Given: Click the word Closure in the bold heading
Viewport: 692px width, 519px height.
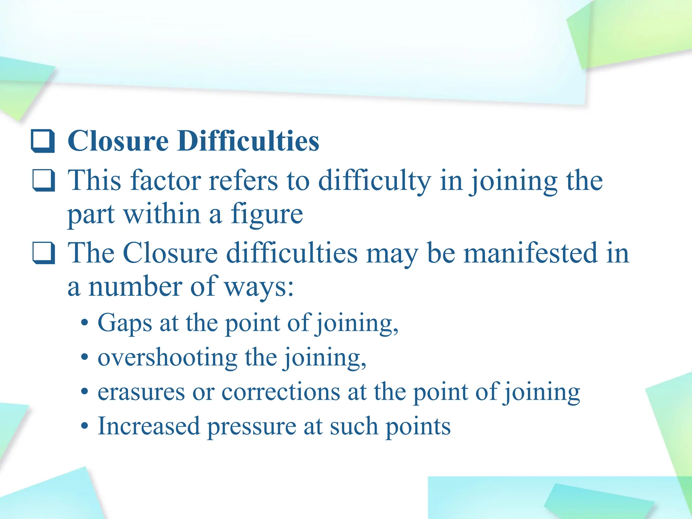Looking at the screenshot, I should [118, 141].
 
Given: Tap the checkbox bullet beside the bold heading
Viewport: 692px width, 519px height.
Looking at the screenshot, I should [43, 141].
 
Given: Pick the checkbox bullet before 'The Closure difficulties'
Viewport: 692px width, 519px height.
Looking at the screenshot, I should [44, 253].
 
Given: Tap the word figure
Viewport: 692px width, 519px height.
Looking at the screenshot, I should [267, 215].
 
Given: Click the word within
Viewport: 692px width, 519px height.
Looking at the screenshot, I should [162, 214].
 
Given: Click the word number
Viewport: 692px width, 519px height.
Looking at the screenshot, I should [135, 287].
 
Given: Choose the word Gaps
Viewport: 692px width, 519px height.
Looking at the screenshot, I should [125, 324].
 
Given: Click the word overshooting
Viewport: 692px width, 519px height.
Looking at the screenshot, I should [167, 358].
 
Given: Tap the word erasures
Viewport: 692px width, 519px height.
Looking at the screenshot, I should [141, 393].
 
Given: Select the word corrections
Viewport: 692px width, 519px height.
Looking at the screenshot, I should [281, 393].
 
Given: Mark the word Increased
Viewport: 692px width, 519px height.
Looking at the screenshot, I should [149, 426].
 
